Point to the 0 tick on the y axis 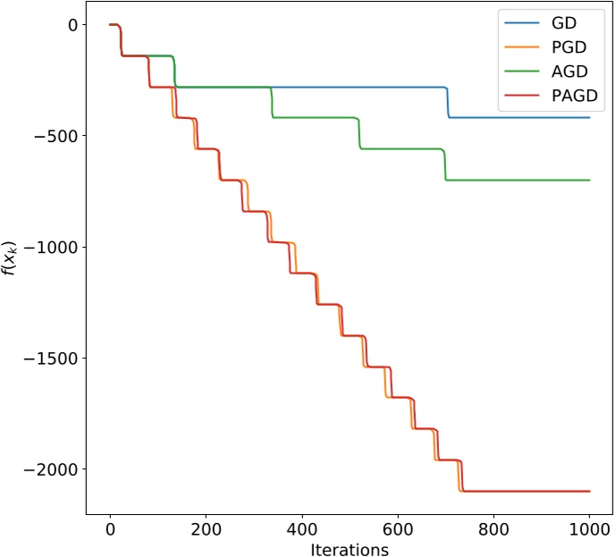pos(71,25)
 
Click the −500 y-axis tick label pos(56,136)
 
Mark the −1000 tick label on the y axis pos(52,247)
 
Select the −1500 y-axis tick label pos(52,359)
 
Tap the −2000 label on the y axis pos(52,469)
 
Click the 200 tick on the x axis pos(206,529)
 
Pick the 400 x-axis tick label pos(301,529)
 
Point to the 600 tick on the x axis pos(398,529)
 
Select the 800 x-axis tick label pos(494,529)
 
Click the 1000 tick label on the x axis pos(589,529)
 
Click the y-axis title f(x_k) pos(15,257)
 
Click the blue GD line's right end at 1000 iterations pos(589,117)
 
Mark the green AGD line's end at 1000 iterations pos(589,180)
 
